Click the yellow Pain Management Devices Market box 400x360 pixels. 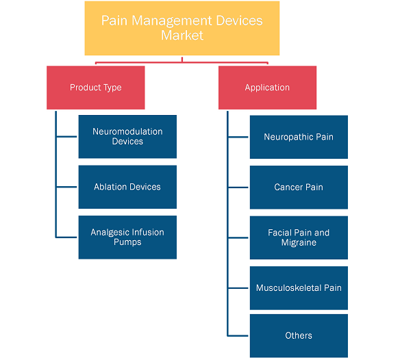coord(182,28)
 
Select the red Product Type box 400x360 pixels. coord(96,88)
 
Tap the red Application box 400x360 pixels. coord(267,88)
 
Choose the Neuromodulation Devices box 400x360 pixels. coord(127,137)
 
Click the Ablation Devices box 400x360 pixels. coord(127,187)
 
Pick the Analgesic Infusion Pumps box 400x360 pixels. coord(127,237)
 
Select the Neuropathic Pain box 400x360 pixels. coord(299,137)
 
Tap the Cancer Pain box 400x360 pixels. coord(299,188)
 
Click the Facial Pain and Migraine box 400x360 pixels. coord(299,237)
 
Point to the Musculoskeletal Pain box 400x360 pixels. coord(299,288)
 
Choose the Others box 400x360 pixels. coord(299,336)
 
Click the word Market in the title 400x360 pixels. coord(182,35)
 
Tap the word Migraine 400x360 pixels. coord(299,242)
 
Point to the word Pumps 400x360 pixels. coord(127,242)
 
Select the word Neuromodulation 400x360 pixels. coord(127,131)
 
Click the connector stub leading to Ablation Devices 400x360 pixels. coord(66,187)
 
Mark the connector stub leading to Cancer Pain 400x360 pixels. coord(238,188)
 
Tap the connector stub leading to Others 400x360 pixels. coord(238,336)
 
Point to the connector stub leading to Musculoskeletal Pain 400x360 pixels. coord(238,288)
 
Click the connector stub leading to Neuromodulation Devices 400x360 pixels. coord(66,137)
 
